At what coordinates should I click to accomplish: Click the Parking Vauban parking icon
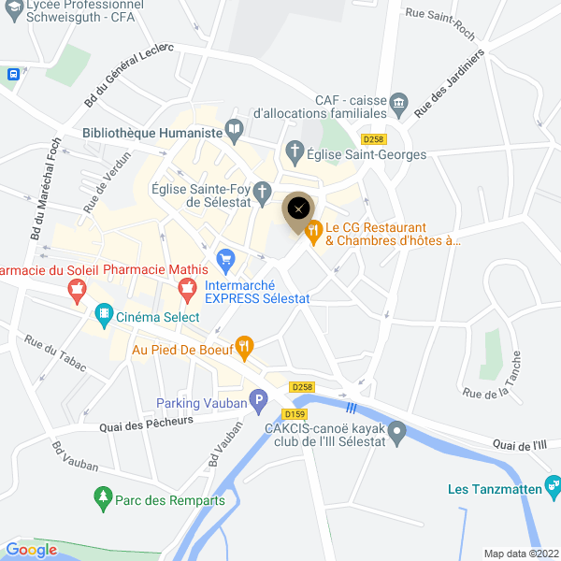[259, 404]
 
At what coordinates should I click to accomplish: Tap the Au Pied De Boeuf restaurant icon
[244, 350]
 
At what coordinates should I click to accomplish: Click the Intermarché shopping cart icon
[224, 258]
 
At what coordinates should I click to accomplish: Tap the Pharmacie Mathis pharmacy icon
[188, 291]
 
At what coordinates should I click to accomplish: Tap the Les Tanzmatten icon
[554, 487]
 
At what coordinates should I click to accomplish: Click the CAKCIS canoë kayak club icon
[397, 432]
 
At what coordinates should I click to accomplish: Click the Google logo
[31, 550]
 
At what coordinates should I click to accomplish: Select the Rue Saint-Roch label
[439, 14]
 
